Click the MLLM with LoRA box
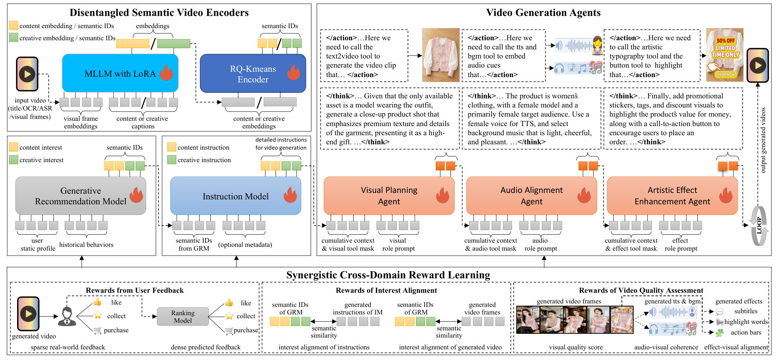pos(120,73)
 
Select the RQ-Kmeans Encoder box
pos(253,74)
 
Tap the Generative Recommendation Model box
pos(81,196)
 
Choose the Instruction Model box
pos(236,196)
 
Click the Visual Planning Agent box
pos(389,196)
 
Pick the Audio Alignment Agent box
pos(531,196)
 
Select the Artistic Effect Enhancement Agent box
pos(672,196)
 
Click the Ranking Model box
pos(183,316)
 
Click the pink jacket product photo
pos(441,55)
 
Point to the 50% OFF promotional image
pos(725,55)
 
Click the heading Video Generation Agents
pos(543,13)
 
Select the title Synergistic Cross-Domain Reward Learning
pos(388,275)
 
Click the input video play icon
pos(27,74)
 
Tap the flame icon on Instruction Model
pos(290,195)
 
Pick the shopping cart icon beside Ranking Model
pos(229,331)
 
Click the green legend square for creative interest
pos(14,159)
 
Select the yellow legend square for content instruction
pos(172,147)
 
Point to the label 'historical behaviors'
pos(86,245)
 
